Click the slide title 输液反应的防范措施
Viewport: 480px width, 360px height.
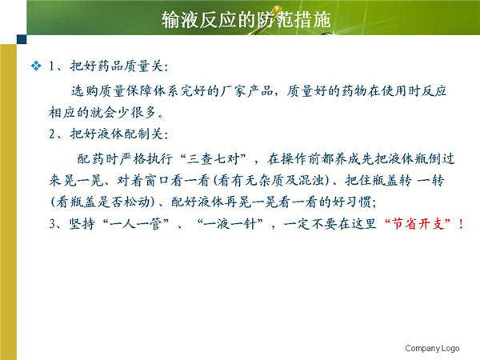[x=246, y=19]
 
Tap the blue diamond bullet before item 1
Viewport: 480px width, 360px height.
[x=36, y=66]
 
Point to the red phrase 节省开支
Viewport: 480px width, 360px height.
[x=418, y=224]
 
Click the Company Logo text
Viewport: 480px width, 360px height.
[x=432, y=348]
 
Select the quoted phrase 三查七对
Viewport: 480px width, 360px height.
[x=213, y=159]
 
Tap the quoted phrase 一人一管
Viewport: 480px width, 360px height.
[x=135, y=224]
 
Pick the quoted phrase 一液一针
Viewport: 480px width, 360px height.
[x=230, y=224]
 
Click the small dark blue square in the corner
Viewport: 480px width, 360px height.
[x=22, y=39]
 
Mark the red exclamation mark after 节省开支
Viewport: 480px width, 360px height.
[x=461, y=224]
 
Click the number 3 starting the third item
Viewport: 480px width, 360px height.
[x=52, y=224]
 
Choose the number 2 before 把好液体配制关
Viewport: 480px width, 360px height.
[x=52, y=134]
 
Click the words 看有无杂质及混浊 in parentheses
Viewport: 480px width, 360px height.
[x=270, y=180]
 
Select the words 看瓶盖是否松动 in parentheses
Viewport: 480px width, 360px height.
[x=102, y=202]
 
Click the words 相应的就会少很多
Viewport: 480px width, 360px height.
[x=102, y=113]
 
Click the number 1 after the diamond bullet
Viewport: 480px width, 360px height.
[x=52, y=66]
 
